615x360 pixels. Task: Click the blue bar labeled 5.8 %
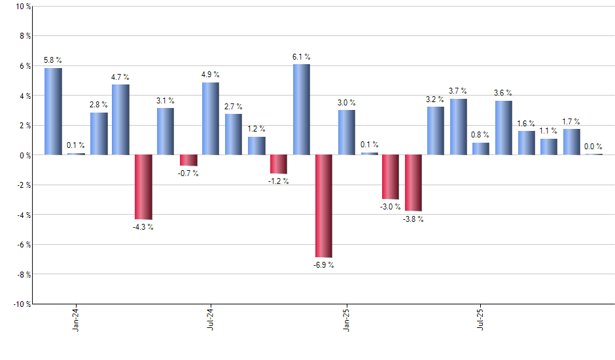[53, 111]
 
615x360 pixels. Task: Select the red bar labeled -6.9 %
[324, 206]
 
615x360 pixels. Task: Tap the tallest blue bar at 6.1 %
[301, 109]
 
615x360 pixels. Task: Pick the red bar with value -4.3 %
[143, 187]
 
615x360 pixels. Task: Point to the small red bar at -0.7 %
[188, 160]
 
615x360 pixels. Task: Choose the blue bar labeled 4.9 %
[211, 118]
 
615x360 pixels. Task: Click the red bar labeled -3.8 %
[413, 183]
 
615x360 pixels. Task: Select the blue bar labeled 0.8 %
[481, 149]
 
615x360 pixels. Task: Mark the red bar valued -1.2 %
[279, 164]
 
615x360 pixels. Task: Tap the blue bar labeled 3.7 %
[459, 127]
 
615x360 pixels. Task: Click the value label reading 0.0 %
[593, 147]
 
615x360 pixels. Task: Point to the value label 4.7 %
[120, 77]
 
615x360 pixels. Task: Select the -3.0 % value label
[391, 207]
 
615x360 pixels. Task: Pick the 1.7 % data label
[571, 122]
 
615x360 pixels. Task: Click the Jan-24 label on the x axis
[76, 319]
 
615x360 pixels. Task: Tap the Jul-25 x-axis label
[481, 319]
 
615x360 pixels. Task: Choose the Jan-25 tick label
[346, 319]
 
